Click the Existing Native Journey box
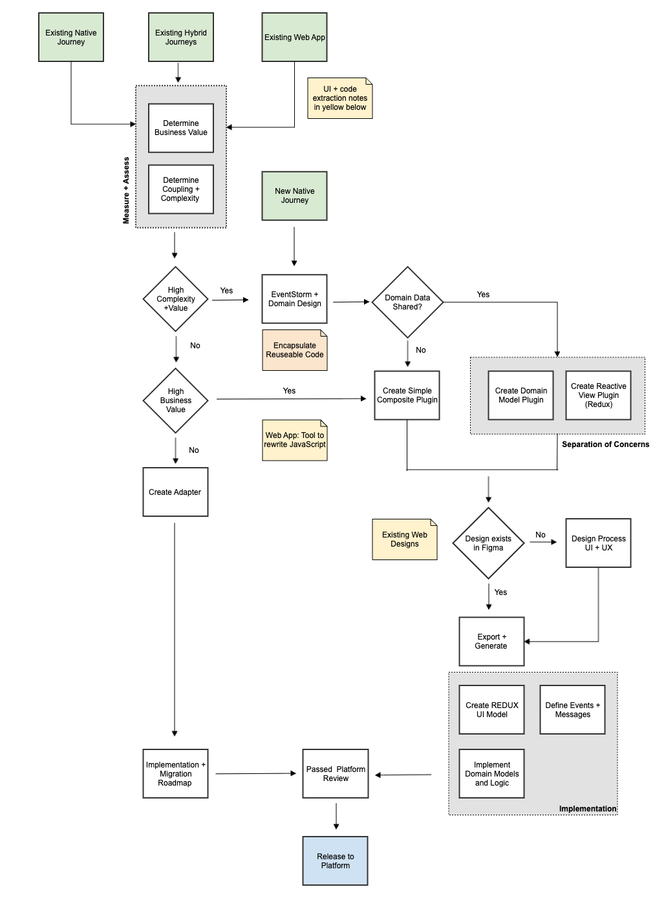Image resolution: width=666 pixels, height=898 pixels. click(71, 37)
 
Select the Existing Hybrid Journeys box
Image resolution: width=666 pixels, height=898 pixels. click(181, 37)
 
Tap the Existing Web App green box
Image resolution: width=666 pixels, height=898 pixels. click(294, 37)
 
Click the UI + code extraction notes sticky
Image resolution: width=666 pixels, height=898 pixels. click(340, 98)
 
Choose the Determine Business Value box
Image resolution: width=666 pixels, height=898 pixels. click(181, 128)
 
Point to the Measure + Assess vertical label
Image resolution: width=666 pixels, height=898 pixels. click(126, 191)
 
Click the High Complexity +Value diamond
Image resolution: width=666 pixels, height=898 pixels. click(175, 299)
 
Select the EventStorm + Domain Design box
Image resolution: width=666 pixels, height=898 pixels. click(294, 299)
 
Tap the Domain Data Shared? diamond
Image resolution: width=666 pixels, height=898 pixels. click(407, 302)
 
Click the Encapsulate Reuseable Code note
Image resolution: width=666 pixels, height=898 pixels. click(294, 350)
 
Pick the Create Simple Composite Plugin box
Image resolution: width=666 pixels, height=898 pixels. click(407, 395)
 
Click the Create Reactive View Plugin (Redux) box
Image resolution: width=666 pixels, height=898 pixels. click(598, 395)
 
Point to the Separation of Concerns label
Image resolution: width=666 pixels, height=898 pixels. click(605, 444)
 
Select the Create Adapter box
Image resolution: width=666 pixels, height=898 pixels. click(175, 492)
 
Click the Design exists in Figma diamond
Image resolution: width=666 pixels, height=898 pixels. click(488, 543)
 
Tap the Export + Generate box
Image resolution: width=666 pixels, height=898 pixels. click(491, 642)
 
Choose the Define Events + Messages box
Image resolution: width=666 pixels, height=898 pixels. click(572, 710)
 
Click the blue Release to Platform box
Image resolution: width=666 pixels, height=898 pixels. click(335, 861)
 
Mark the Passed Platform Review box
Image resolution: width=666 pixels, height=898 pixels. click(336, 774)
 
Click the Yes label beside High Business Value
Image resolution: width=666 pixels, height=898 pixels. click(289, 391)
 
